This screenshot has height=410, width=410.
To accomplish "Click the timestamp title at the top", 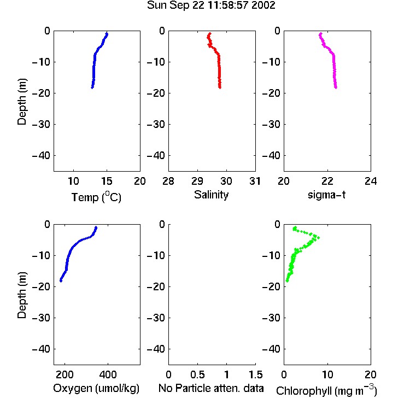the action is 211,5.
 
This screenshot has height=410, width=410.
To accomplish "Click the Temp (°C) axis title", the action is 96,197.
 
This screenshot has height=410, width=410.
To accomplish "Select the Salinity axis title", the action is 211,195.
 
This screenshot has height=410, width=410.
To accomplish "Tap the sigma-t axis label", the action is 326,195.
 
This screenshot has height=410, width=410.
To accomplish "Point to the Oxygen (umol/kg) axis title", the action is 96,388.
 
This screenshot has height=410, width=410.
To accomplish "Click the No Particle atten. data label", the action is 211,388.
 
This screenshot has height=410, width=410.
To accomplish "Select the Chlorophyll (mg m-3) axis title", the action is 326,390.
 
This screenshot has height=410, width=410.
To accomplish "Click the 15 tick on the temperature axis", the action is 107,181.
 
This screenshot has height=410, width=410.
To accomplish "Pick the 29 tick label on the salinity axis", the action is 197,181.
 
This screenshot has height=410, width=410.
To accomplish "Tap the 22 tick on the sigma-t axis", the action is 327,181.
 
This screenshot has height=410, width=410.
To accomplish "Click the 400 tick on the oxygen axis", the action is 108,374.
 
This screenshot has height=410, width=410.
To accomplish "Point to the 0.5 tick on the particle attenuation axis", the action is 197,374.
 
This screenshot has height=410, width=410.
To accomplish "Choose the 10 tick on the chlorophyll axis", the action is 327,374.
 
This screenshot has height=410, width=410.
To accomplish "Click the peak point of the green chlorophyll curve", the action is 318,238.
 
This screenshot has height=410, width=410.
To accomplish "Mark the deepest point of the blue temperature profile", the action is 92,87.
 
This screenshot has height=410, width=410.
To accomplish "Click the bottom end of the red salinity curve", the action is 220,87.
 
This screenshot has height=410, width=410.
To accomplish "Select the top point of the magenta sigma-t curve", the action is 320,34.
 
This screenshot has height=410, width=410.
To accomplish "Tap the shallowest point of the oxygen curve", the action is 96,227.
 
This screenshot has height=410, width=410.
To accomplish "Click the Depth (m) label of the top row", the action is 22,102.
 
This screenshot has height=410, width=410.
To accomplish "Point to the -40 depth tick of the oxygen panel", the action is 41,349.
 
